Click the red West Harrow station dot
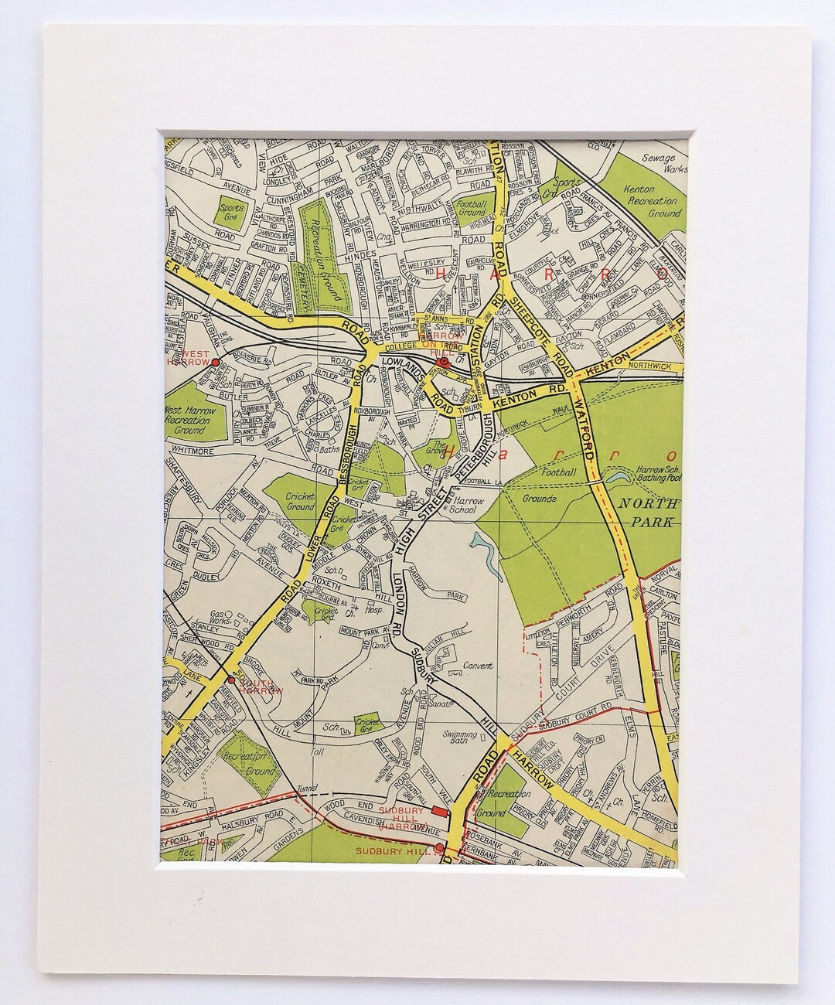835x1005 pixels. tap(216, 361)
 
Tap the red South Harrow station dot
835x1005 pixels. tap(230, 680)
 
